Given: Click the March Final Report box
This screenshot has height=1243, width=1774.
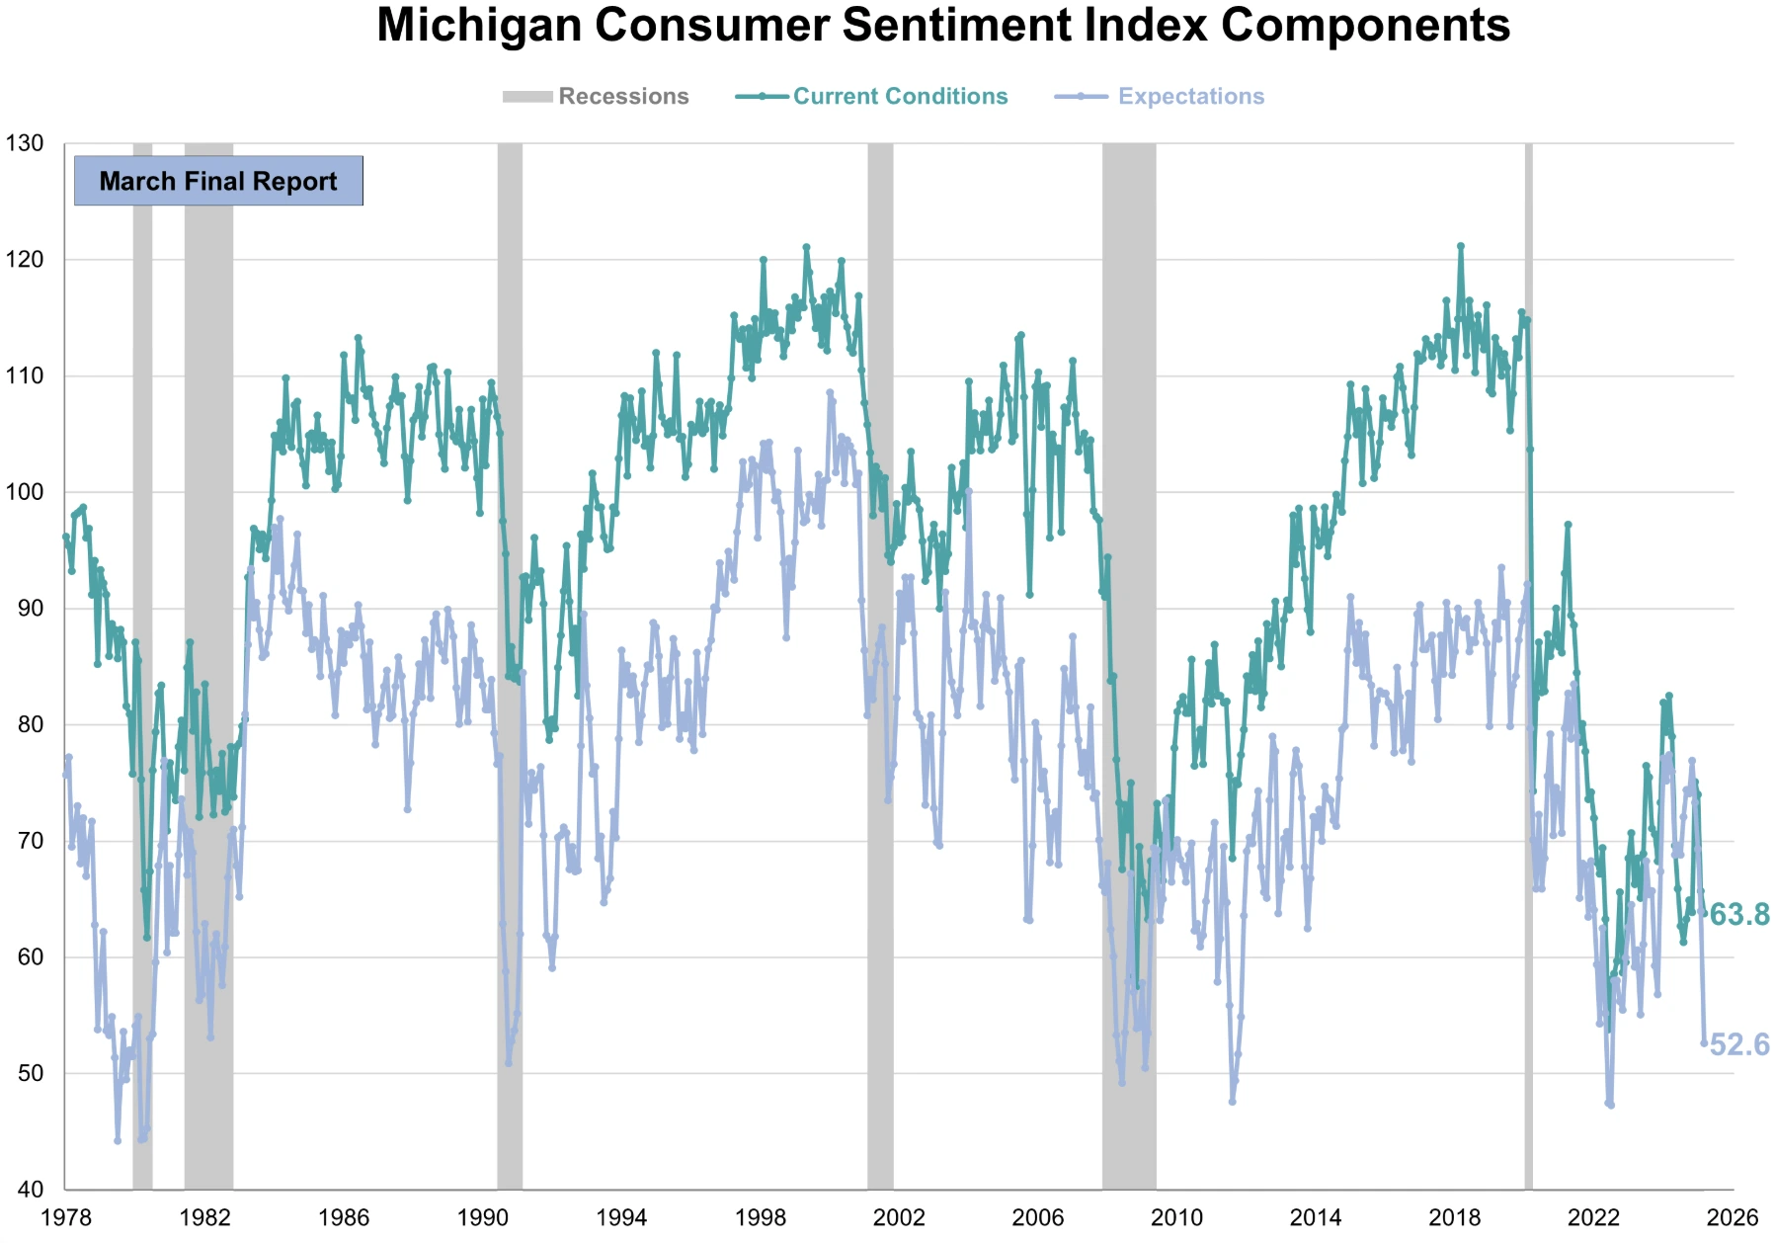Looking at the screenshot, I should [x=218, y=181].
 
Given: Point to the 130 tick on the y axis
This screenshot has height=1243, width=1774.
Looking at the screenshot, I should [x=24, y=143].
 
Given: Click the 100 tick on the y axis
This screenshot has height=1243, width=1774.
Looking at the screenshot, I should [x=24, y=492].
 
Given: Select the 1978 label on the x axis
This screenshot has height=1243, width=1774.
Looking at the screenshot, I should [x=65, y=1217].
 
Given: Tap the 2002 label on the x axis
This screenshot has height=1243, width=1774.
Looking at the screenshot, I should [x=899, y=1217].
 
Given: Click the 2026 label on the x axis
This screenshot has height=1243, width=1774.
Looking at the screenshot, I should [x=1732, y=1217].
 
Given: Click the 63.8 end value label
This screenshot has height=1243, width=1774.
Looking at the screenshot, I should [x=1739, y=915].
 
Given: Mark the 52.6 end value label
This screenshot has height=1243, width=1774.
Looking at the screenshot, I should [x=1739, y=1044].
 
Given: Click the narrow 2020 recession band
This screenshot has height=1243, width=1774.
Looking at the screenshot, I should [x=1528, y=593].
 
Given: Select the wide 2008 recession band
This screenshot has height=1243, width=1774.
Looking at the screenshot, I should [x=1129, y=593].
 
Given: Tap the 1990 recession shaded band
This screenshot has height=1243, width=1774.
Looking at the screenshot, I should [x=510, y=593].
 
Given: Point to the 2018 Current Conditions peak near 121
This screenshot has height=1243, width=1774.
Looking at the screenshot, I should [x=1461, y=246].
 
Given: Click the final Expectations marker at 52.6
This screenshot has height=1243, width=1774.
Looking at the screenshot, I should [x=1704, y=1043].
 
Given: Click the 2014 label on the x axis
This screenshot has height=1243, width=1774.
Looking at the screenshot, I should [x=1316, y=1217].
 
